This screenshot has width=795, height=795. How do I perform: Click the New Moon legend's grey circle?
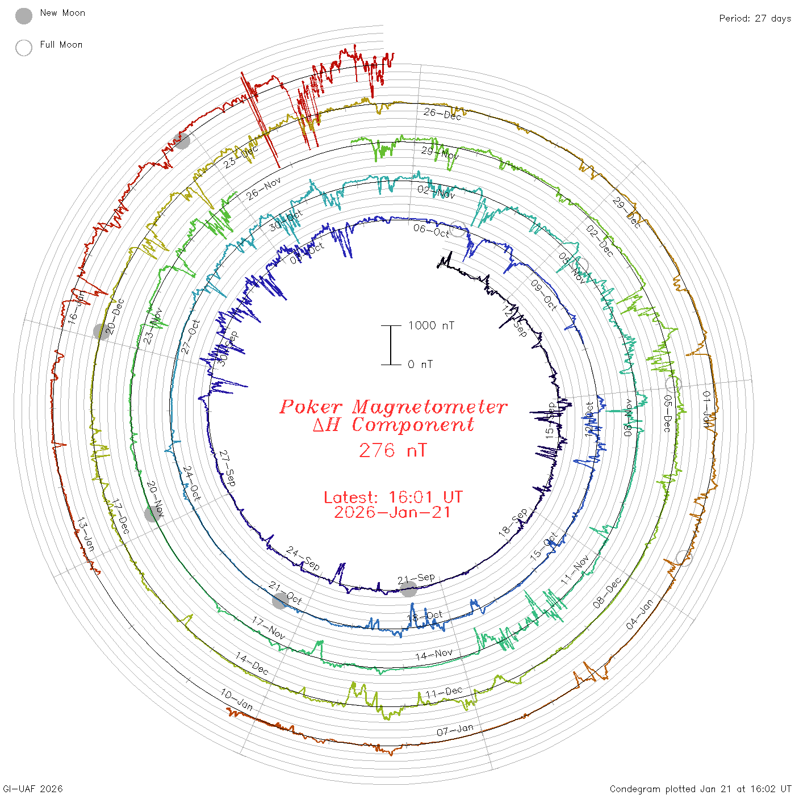(x=24, y=16)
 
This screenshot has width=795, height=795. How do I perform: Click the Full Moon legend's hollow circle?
(x=24, y=48)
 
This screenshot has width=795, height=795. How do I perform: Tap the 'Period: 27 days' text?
(x=755, y=19)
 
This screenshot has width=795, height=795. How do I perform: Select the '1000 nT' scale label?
(x=432, y=326)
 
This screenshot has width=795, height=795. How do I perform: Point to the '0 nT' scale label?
(x=420, y=365)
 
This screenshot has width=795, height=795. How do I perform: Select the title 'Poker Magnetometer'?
(x=393, y=407)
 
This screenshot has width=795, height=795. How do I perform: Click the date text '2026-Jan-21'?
(x=393, y=513)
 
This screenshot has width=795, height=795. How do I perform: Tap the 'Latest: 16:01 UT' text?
(x=393, y=497)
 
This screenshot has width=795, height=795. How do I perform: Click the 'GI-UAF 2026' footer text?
(x=32, y=789)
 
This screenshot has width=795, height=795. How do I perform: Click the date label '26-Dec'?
(x=442, y=114)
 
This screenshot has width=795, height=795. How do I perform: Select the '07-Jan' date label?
(x=455, y=730)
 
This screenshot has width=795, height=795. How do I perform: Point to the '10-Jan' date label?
(x=237, y=700)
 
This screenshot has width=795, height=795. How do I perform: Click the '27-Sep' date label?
(x=227, y=468)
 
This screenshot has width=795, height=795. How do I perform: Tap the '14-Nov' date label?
(x=434, y=655)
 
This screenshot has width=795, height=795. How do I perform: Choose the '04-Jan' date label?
(x=639, y=614)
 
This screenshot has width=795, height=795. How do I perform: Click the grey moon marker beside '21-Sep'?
(x=409, y=589)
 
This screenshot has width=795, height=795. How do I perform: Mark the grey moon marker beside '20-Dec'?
(x=102, y=332)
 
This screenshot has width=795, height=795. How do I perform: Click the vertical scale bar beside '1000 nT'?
(x=391, y=345)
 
